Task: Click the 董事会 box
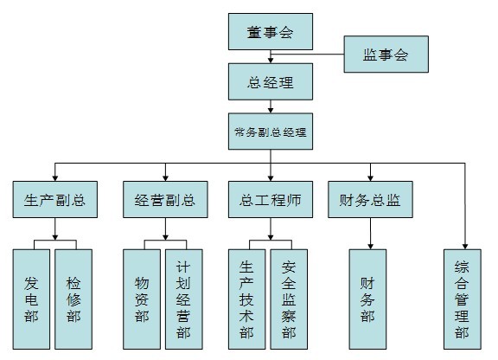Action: tap(271, 31)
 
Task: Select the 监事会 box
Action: tap(386, 54)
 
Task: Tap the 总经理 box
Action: tap(271, 81)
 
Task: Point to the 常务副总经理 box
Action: tap(271, 132)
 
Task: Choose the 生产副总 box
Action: tap(55, 199)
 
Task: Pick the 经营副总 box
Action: tap(165, 199)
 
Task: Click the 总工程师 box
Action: tap(271, 199)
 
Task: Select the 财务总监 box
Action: tap(370, 199)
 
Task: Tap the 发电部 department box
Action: tap(31, 299)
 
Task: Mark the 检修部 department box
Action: tap(73, 299)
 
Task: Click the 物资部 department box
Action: tap(142, 299)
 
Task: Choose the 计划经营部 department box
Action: tap(184, 299)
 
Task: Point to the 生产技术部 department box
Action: tap(246, 299)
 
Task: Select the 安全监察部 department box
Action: tap(289, 299)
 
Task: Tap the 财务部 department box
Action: tap(367, 299)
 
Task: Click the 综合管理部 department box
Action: tap(463, 299)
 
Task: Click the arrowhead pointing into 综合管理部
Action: tap(465, 247)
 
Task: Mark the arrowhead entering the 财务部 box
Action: tap(370, 247)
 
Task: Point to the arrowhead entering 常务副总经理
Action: tap(271, 111)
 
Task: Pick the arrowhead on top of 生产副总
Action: tap(55, 178)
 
